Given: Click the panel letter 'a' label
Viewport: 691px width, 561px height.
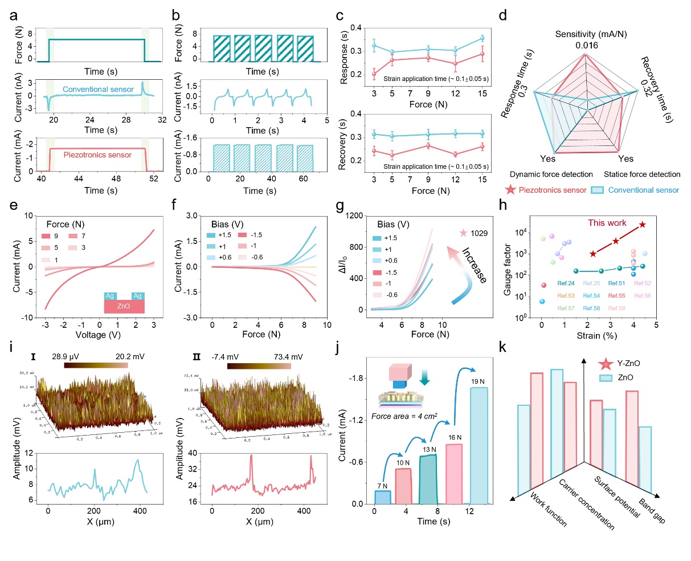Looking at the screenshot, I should click(13, 15).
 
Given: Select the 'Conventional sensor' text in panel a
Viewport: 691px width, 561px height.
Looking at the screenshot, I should click(98, 90).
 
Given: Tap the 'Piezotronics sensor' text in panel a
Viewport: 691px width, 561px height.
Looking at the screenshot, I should click(97, 155).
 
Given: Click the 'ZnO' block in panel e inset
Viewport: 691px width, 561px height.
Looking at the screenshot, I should click(124, 307).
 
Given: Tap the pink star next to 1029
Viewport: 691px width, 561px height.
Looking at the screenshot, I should click(463, 233).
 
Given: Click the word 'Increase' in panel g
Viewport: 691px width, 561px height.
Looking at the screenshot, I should click(474, 265).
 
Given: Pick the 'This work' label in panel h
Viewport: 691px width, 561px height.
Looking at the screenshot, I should click(607, 223).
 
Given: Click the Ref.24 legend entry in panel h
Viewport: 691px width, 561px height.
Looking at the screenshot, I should click(566, 283).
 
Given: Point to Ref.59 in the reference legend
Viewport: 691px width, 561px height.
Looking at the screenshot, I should click(617, 308).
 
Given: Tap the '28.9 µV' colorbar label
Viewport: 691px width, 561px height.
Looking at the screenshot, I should click(49, 356).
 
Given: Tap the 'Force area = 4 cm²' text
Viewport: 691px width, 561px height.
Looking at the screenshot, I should click(404, 416).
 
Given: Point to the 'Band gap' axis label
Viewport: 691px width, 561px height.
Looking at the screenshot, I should click(652, 511).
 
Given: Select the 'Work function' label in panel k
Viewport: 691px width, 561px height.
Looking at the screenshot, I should click(548, 509).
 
